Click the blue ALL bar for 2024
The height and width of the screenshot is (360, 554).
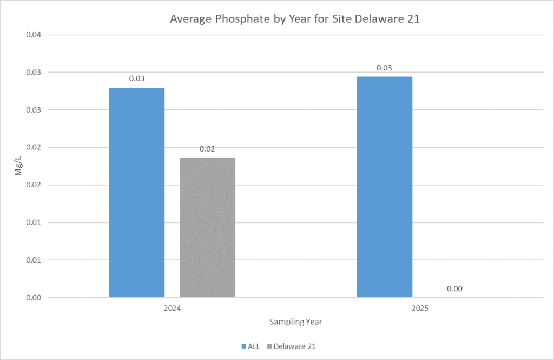(x=137, y=192)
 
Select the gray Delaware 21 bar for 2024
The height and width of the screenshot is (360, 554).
(x=207, y=227)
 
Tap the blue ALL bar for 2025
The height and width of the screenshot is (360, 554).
(x=384, y=187)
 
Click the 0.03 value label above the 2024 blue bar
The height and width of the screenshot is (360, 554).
(x=137, y=79)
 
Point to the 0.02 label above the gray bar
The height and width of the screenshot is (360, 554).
(x=207, y=149)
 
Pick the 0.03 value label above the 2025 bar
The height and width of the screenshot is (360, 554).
(x=384, y=68)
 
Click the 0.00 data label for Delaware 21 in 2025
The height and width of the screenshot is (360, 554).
(x=454, y=289)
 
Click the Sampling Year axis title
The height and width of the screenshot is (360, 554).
(x=296, y=322)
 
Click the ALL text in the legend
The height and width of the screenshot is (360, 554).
(x=254, y=346)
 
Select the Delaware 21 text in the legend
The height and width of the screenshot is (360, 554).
(x=294, y=346)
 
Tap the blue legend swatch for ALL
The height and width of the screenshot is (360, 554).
(x=243, y=346)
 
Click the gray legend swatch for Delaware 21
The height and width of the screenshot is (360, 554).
(x=270, y=346)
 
